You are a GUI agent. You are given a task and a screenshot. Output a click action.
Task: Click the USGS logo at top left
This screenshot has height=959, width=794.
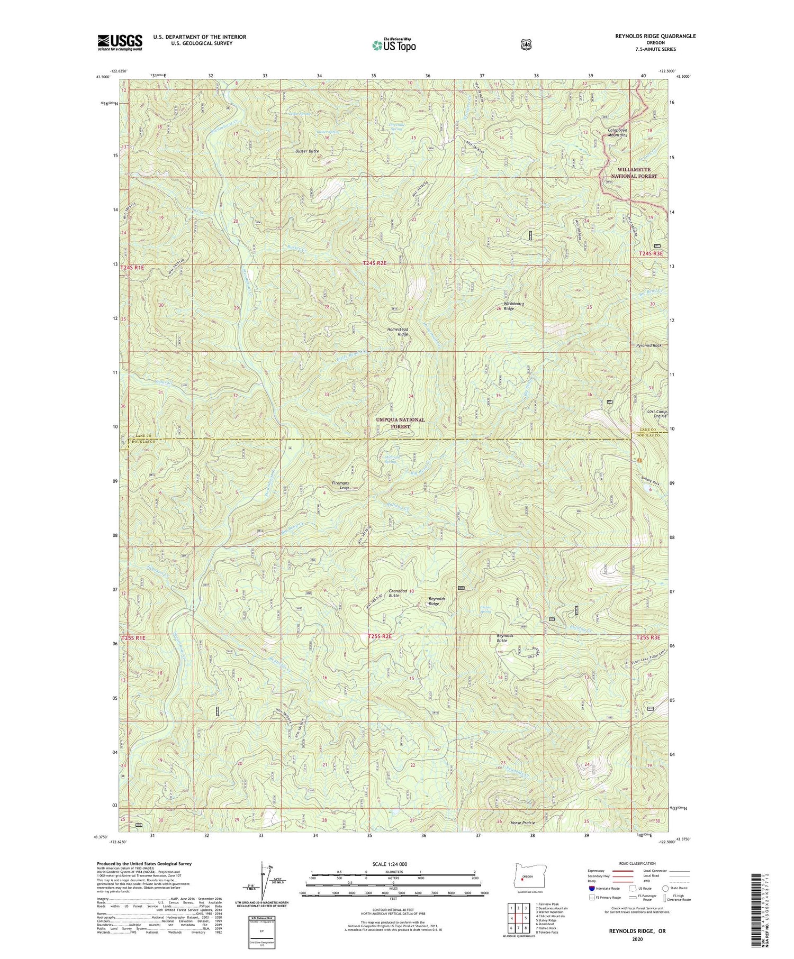pos(120,42)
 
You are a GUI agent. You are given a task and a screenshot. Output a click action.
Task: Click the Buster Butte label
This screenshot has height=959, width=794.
pos(307,151)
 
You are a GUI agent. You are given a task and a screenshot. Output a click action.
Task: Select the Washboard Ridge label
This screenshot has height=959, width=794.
pos(509,306)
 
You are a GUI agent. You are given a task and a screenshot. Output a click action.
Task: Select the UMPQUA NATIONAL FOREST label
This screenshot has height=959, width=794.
pos(400,423)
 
